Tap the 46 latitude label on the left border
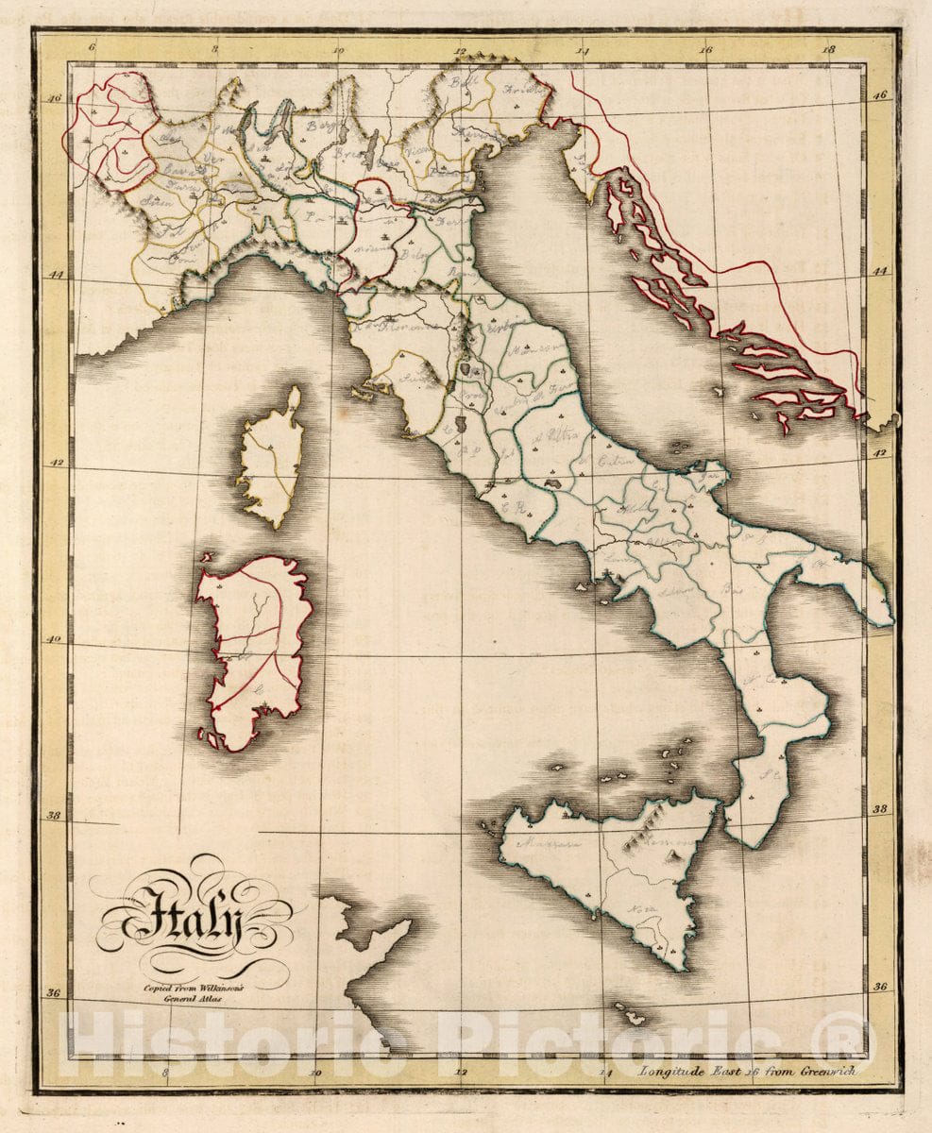pos(54,97)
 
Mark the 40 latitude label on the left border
pos(54,639)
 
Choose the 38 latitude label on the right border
pos(880,809)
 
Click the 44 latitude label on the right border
pos(880,271)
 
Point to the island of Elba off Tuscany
pos(367,389)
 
